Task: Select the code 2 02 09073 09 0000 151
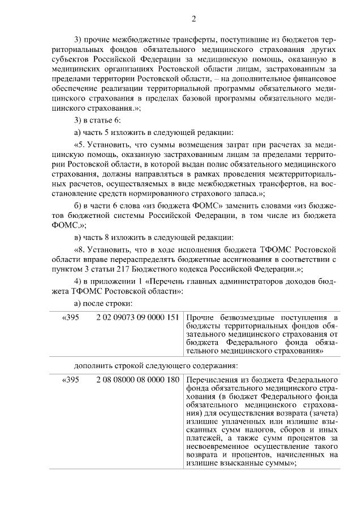(137, 317)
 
